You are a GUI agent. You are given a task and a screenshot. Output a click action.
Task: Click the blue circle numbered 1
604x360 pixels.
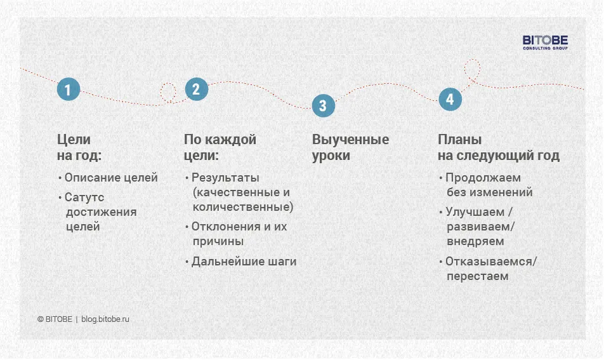69,90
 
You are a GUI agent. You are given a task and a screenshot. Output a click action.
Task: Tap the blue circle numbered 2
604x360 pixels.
197,89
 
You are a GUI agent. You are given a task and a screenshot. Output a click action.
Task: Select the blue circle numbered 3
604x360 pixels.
323,105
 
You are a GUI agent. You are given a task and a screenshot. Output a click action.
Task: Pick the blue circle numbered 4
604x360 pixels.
450,100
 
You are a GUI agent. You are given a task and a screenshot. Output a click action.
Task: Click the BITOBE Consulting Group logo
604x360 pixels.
545,43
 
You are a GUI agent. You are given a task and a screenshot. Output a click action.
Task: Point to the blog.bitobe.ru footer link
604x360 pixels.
105,319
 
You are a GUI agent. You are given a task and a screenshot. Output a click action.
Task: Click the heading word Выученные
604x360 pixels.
350,140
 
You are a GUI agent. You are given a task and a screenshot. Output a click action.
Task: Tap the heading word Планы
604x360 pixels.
459,140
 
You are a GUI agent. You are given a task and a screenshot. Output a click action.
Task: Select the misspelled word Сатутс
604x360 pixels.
84,197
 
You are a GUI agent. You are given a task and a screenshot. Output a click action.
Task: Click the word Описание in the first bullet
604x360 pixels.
88,178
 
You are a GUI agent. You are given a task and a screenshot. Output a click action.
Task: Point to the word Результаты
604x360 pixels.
225,178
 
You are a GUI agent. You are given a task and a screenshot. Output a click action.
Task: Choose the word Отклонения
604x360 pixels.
226,227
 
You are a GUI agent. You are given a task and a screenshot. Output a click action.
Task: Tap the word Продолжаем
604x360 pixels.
483,178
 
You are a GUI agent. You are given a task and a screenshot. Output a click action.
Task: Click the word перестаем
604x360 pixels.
478,276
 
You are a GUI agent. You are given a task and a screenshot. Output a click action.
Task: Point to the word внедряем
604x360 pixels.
475,242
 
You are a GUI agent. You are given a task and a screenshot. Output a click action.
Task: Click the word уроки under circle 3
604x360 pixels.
331,156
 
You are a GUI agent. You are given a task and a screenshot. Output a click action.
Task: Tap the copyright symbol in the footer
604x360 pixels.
41,319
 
